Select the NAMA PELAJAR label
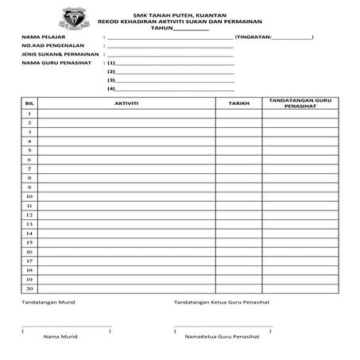(44, 37)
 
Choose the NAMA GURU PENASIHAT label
(56, 63)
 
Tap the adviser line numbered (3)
(175, 80)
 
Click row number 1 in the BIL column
(29, 114)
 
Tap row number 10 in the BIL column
(29, 196)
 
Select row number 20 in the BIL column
(29, 288)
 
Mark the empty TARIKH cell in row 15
(238, 242)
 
